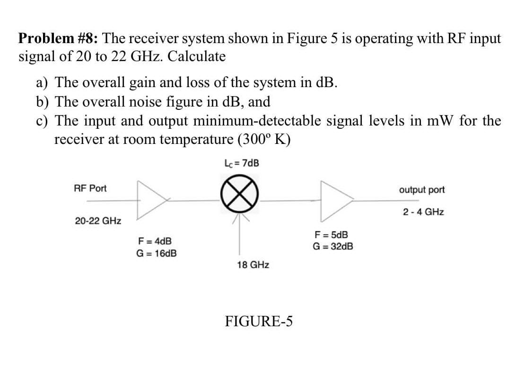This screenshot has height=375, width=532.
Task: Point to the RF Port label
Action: click(x=90, y=188)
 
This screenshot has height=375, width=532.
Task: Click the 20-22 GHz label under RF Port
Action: click(x=98, y=221)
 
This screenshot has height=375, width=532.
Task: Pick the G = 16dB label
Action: click(x=157, y=253)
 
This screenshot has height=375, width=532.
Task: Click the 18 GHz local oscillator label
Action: click(x=253, y=265)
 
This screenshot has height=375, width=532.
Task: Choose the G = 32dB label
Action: click(x=333, y=246)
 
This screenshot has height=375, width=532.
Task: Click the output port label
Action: click(x=422, y=190)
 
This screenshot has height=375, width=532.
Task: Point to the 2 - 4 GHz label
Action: click(x=423, y=212)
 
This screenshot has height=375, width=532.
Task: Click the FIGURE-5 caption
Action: click(x=259, y=321)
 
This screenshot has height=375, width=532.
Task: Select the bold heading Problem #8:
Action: click(x=58, y=38)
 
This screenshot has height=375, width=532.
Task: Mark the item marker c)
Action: click(x=43, y=121)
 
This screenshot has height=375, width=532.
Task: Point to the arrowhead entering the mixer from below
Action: click(x=241, y=217)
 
